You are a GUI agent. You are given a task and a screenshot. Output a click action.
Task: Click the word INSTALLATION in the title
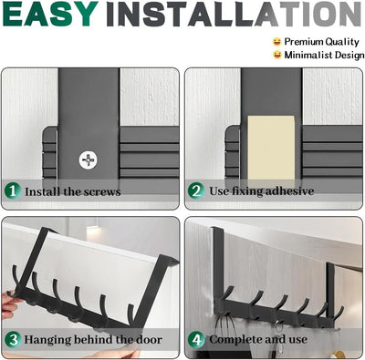(234, 14)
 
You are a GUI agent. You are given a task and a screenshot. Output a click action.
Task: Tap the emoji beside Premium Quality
(276, 41)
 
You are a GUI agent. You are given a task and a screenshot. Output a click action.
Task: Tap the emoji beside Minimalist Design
(277, 55)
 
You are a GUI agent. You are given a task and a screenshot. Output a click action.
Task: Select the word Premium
(303, 42)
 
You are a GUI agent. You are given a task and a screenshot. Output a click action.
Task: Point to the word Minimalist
(308, 55)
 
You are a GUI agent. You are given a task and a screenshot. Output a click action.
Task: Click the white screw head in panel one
(89, 160)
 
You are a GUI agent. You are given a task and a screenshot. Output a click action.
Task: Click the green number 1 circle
(13, 190)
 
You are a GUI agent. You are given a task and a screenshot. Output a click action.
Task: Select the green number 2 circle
(196, 190)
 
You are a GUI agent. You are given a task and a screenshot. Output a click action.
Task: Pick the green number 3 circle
(13, 340)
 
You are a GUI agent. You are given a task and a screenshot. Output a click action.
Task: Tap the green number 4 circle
(196, 340)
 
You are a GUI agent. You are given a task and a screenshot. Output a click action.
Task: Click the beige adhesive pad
(271, 148)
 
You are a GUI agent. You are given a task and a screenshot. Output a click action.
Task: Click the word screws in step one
(102, 192)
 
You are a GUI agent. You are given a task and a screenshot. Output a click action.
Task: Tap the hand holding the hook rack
(8, 303)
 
